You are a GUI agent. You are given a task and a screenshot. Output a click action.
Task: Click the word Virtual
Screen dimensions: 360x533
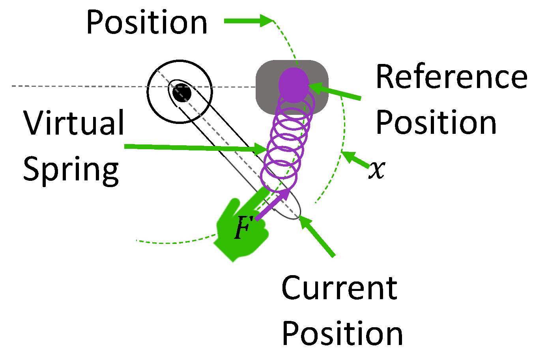(x=74, y=123)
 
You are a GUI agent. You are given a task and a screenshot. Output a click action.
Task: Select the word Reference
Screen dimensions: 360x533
(x=451, y=77)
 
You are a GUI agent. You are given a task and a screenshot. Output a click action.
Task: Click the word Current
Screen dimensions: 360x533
(x=339, y=288)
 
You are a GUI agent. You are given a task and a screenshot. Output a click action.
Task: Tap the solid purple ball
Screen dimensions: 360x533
(x=294, y=84)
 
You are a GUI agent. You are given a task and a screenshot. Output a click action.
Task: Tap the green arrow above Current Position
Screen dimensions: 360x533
(x=317, y=237)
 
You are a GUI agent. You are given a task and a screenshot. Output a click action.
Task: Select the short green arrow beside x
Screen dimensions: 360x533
(x=355, y=160)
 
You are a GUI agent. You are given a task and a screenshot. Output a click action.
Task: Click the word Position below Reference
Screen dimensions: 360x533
(x=436, y=122)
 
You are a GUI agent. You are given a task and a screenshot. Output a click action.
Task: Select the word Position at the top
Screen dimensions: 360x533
(x=147, y=22)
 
